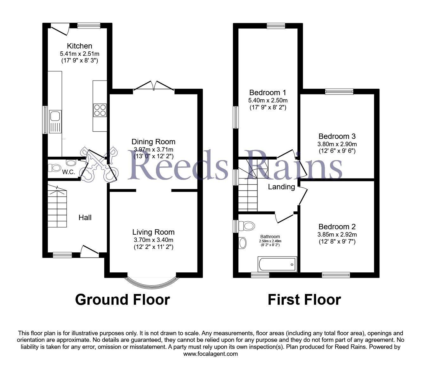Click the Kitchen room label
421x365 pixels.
(79, 46)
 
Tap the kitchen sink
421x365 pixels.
(55, 121)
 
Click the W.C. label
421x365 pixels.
(68, 172)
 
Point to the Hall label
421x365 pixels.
(85, 218)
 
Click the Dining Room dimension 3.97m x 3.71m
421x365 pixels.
(153, 149)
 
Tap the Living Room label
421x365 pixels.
(153, 232)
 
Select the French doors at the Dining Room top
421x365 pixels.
(154, 86)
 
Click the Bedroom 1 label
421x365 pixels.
(268, 93)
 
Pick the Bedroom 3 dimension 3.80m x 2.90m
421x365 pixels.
(337, 144)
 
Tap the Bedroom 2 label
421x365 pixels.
(337, 227)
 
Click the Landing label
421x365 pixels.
(281, 187)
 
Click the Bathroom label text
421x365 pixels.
(270, 237)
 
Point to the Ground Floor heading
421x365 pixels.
(122, 300)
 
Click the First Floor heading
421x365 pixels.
(304, 300)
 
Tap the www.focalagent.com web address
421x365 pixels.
(210, 354)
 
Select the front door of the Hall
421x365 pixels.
(89, 251)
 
